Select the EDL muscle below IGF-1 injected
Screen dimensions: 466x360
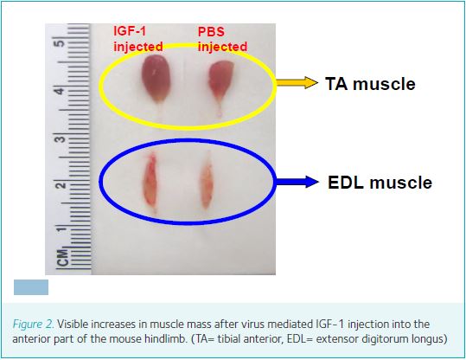click(150, 183)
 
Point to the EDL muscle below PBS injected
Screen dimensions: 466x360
click(207, 182)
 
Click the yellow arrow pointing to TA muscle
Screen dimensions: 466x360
click(297, 82)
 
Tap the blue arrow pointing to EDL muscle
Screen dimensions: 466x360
click(297, 181)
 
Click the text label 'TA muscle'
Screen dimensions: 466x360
click(370, 84)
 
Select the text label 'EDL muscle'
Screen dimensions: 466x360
click(380, 182)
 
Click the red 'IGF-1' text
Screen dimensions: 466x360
click(130, 31)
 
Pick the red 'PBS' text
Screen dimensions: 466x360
click(211, 32)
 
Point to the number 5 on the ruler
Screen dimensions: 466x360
click(60, 42)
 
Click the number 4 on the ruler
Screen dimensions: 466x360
click(60, 91)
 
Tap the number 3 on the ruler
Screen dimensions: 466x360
click(60, 138)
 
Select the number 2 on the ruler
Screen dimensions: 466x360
click(60, 186)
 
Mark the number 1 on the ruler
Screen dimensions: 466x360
click(61, 229)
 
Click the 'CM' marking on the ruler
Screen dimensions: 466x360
click(63, 257)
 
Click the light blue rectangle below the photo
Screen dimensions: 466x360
click(31, 287)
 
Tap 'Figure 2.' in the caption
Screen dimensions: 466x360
click(33, 325)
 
